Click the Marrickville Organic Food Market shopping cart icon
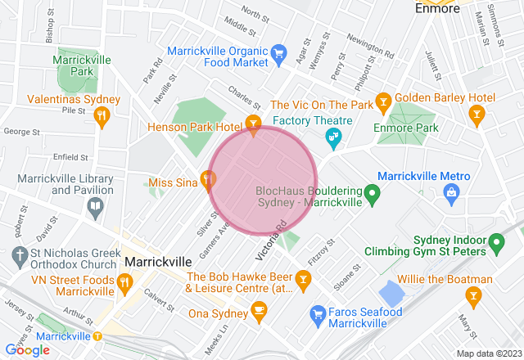[x=278, y=51]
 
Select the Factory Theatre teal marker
[x=334, y=140]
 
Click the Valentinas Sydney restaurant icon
[x=102, y=117]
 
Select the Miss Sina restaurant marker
[x=208, y=177]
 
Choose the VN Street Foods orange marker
[x=124, y=283]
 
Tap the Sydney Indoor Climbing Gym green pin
[x=495, y=242]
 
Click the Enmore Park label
[x=405, y=128]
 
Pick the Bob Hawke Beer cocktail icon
[x=303, y=282]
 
